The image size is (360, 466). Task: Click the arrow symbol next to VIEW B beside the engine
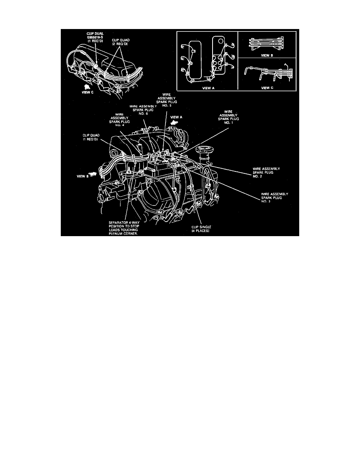(x=93, y=173)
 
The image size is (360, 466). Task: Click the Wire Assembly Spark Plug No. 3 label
(x=275, y=197)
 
